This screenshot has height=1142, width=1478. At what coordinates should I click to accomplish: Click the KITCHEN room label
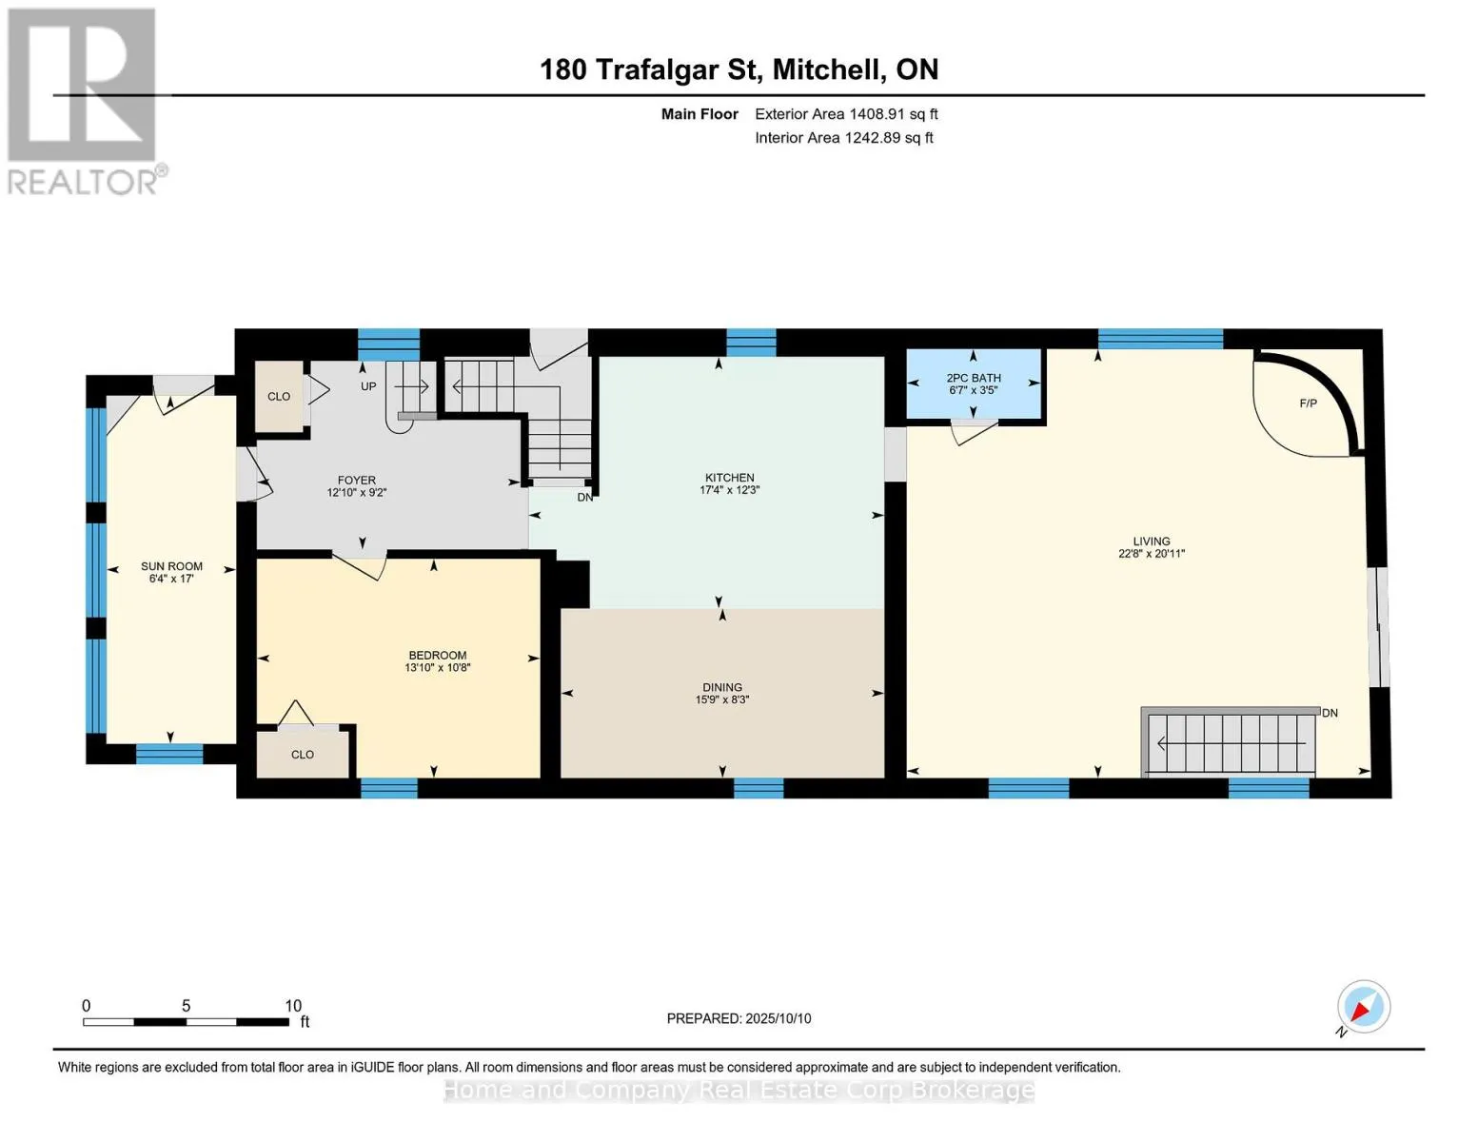(x=729, y=478)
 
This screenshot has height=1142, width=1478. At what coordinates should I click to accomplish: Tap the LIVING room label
(x=1152, y=541)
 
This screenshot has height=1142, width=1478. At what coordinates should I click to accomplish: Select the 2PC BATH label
(x=974, y=378)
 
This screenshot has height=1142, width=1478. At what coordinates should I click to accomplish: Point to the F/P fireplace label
(x=1308, y=404)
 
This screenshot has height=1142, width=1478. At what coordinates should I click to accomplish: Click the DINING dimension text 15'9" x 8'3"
(x=721, y=699)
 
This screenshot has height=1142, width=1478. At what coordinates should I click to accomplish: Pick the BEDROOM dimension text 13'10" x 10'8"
(x=438, y=667)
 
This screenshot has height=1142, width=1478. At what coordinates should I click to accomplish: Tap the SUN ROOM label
(x=171, y=566)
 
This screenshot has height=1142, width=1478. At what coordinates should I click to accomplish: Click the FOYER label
(x=356, y=481)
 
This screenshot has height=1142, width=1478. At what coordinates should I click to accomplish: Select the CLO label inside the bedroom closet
(x=303, y=755)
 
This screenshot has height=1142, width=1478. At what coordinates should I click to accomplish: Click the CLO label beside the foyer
(x=279, y=397)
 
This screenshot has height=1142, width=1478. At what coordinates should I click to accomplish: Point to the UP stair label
(x=368, y=386)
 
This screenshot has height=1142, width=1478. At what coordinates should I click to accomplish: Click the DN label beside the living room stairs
(x=1330, y=713)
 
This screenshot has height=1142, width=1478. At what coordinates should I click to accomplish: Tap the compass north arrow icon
(x=1363, y=1007)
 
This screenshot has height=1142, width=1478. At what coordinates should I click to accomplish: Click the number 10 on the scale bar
(x=293, y=1006)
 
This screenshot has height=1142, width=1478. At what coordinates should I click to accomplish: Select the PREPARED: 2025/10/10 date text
(x=739, y=1018)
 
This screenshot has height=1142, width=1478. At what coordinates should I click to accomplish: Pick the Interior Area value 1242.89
(x=874, y=138)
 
